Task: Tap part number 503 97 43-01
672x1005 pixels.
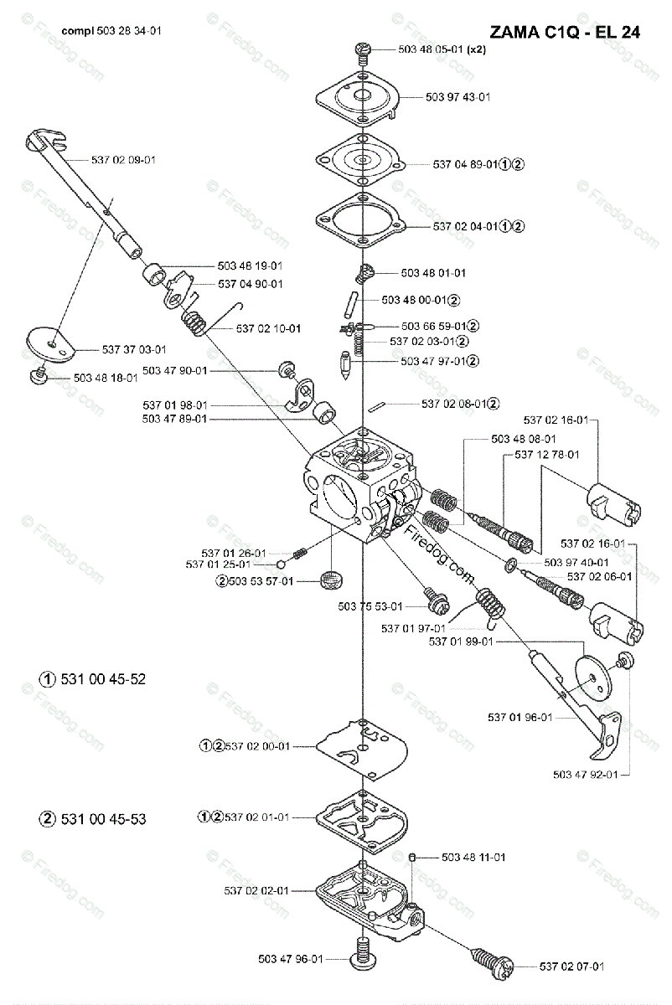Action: (x=458, y=97)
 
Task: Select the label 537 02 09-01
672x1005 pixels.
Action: (x=123, y=160)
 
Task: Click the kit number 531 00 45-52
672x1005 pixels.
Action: (x=92, y=679)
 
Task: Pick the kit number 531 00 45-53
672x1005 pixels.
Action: (x=92, y=818)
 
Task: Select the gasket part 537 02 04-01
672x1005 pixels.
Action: (x=359, y=220)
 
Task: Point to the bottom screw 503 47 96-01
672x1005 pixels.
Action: (x=362, y=971)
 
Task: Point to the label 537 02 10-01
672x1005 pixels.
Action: (x=269, y=328)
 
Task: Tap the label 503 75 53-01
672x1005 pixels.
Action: (x=370, y=606)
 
